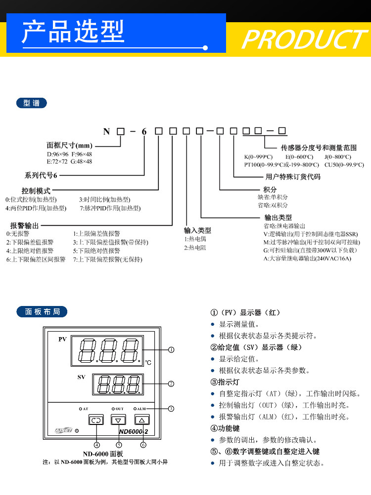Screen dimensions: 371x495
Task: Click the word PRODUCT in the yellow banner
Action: tap(305, 39)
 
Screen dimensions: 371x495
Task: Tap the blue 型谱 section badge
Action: tap(31, 103)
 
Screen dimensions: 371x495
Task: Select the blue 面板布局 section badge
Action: tap(42, 311)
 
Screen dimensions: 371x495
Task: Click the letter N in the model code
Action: tap(106, 131)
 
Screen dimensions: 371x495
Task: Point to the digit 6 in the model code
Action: tap(144, 132)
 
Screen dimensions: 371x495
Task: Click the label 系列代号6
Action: tap(41, 175)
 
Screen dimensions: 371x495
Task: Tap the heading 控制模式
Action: tap(36, 190)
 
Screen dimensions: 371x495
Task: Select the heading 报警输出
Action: tap(24, 226)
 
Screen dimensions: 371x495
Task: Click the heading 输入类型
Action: tap(197, 230)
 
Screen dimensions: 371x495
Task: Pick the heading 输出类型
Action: tap(278, 217)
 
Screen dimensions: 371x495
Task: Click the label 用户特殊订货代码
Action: tap(293, 177)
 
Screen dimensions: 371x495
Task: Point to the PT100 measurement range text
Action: tap(281, 165)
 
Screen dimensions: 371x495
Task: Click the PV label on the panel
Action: tap(62, 339)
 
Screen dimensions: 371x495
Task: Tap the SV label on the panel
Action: tap(81, 377)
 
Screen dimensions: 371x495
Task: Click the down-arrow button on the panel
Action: tap(118, 420)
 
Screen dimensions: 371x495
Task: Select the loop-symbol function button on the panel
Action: tap(96, 420)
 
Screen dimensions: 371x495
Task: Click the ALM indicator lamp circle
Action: tap(135, 409)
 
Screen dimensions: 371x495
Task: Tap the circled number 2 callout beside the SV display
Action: tap(171, 384)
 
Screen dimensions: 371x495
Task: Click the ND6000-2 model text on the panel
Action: tap(134, 431)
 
